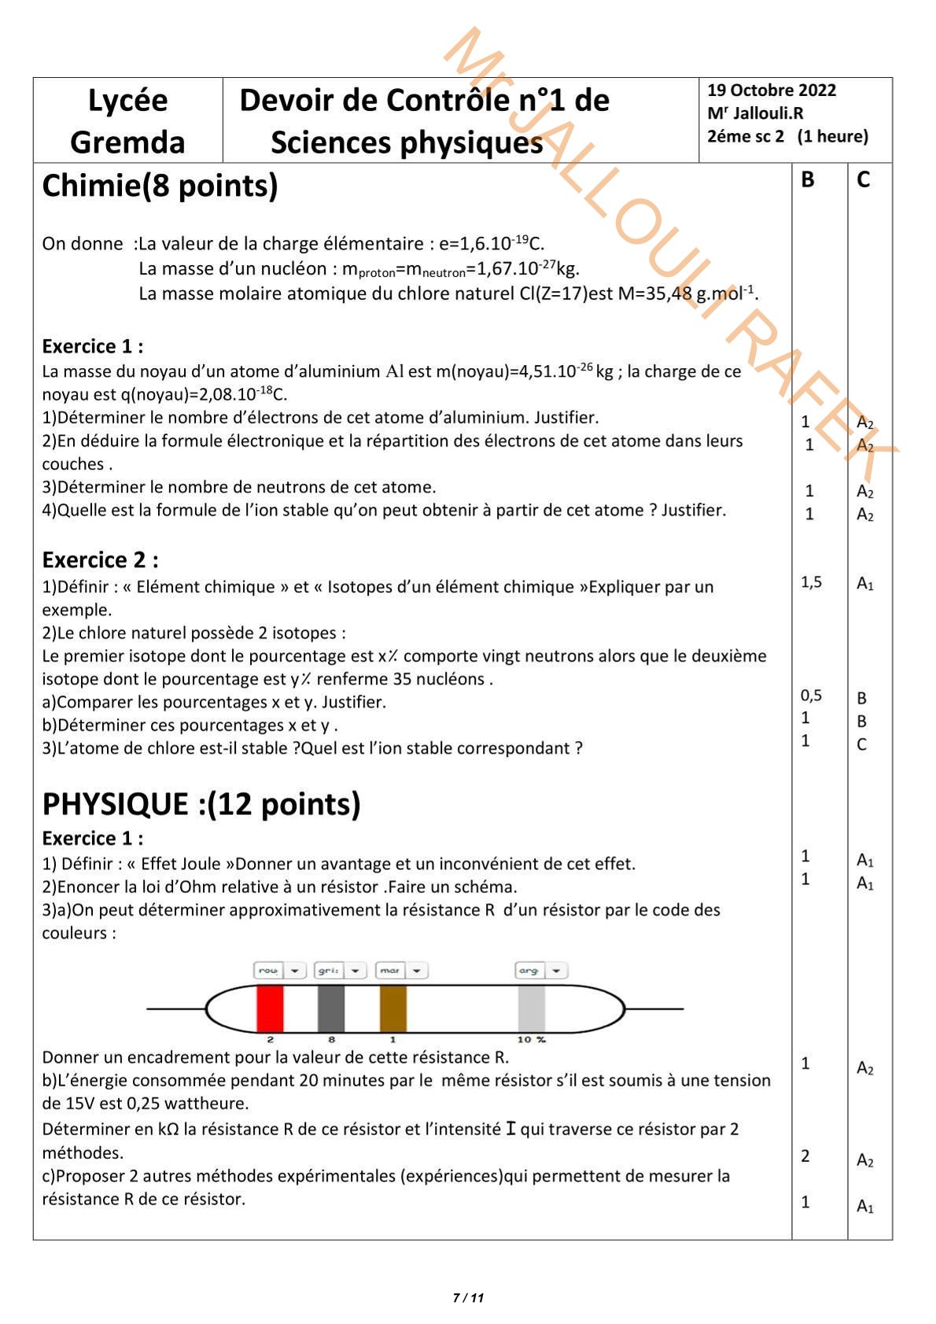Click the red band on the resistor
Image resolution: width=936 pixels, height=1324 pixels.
point(270,1008)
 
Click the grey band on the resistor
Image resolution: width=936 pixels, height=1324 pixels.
point(331,1008)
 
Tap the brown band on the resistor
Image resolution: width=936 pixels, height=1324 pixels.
point(393,1008)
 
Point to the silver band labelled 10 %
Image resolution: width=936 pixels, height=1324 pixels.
point(532,1008)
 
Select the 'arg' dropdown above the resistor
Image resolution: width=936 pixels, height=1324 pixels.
point(541,971)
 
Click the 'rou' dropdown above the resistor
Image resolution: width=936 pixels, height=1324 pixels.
point(279,971)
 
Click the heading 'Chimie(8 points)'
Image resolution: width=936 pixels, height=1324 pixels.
point(160,186)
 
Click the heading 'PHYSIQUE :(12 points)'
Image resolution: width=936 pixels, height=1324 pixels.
point(201,804)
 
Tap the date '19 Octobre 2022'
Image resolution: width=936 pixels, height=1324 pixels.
point(772,90)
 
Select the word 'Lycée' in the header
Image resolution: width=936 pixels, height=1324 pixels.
point(127,101)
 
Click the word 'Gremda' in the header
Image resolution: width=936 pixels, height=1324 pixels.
point(127,142)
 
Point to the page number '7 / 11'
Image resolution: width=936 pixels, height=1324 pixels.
point(468,1298)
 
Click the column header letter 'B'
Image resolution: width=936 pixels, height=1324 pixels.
point(807,180)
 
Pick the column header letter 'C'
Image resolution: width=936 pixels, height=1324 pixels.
point(863,180)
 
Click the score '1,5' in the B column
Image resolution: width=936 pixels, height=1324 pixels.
point(811,582)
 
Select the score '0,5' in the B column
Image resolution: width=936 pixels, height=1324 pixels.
point(811,695)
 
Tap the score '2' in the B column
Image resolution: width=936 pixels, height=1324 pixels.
point(805,1156)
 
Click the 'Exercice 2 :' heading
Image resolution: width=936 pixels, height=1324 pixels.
point(100,560)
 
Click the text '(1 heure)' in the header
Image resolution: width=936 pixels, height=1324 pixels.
point(832,136)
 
